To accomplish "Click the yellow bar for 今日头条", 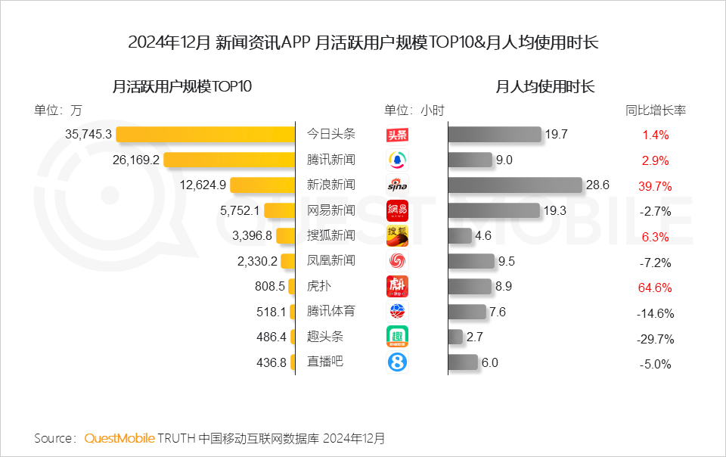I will pos(206,135).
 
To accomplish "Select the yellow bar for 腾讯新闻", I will pos(229,160).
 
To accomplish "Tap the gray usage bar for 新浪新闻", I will pos(515,185).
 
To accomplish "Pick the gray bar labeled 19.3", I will pos(494,210).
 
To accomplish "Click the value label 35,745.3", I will pos(88,135).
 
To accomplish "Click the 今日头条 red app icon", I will pos(397,135).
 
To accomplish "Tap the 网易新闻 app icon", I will pos(397,210).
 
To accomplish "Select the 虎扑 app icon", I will pos(397,287).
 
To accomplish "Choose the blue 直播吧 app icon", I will pos(397,362).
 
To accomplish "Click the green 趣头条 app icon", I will pos(397,337).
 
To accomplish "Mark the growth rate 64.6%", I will pos(655,288).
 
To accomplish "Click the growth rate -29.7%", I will pos(655,338).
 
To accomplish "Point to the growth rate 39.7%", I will pos(655,186).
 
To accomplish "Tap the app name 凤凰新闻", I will pos(330,261).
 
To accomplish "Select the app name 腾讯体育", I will pos(330,311).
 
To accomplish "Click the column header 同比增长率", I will pos(656,110).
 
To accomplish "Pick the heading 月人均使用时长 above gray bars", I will pos(544,86).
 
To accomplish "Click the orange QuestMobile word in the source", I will pos(119,438).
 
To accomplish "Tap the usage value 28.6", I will pos(598,185).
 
